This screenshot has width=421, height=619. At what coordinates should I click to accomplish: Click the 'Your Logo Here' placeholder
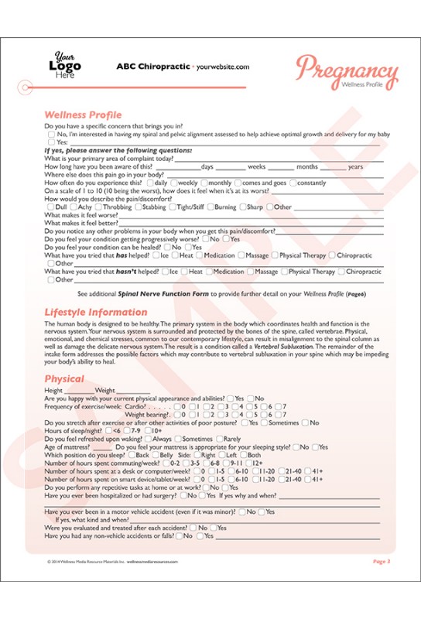[x=66, y=66]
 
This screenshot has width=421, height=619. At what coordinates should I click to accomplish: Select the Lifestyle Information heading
[x=95, y=313]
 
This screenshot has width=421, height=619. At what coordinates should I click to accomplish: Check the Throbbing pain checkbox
[x=98, y=207]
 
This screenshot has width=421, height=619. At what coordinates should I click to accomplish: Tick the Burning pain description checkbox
[x=210, y=207]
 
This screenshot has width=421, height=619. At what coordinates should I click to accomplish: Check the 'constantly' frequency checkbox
[x=293, y=183]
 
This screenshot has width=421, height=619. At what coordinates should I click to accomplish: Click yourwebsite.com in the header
[x=223, y=67]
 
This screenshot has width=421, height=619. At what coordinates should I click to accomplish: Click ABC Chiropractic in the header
[x=152, y=67]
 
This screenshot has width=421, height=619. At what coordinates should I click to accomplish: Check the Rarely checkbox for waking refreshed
[x=217, y=439]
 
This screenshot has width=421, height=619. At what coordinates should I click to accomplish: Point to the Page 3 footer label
[x=382, y=561]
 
